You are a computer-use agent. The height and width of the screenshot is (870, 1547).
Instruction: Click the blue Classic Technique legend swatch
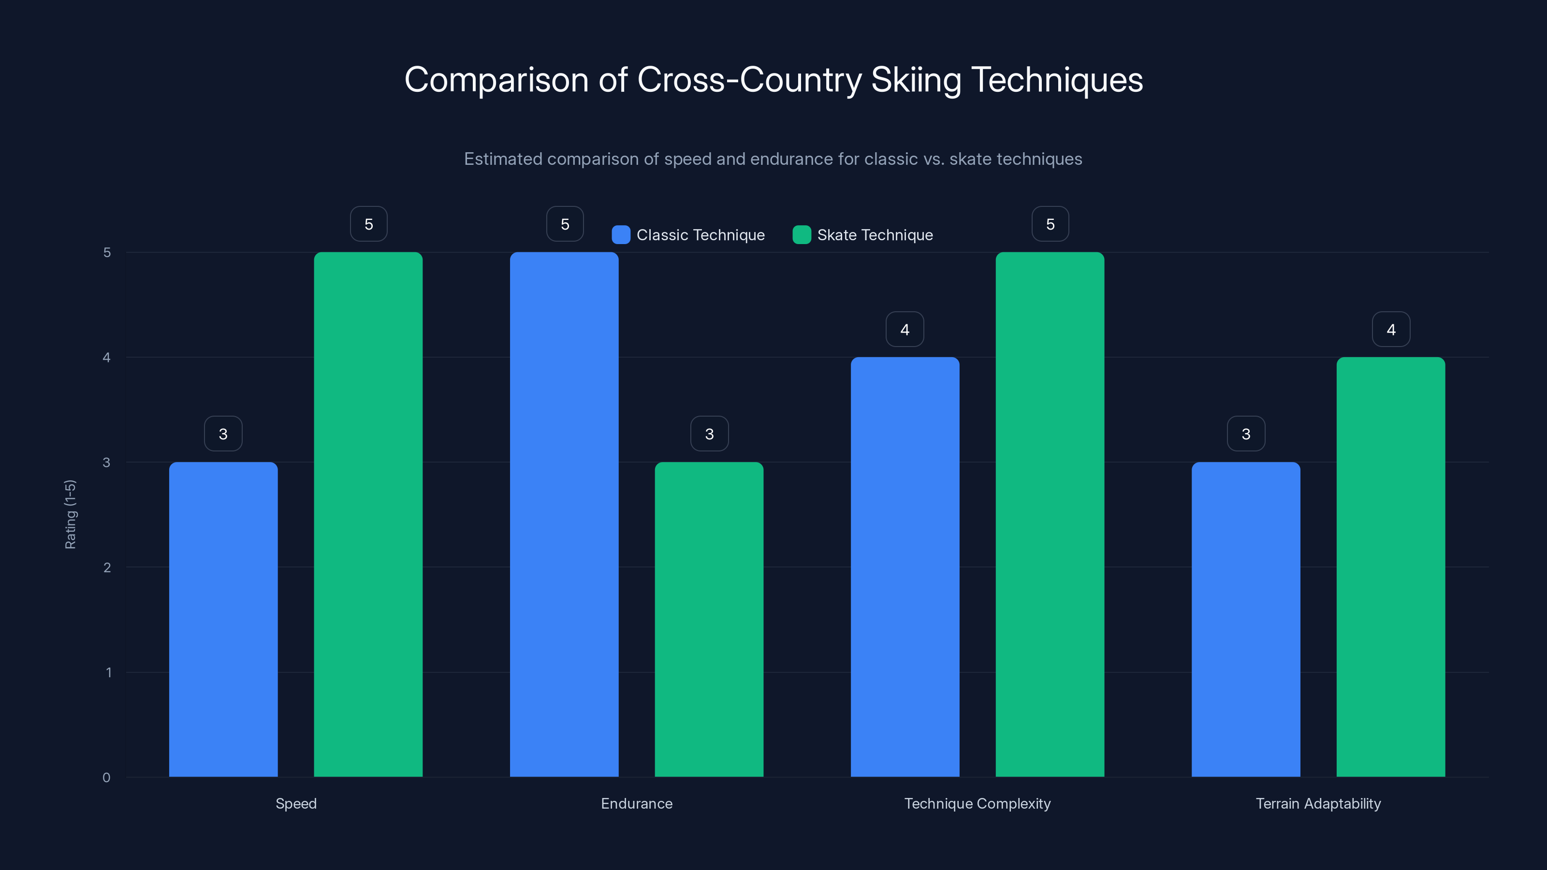pyautogui.click(x=621, y=235)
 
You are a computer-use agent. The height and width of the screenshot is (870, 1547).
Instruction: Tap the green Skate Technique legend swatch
pyautogui.click(x=802, y=235)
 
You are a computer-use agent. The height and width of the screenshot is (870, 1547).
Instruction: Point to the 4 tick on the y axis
pyautogui.click(x=107, y=358)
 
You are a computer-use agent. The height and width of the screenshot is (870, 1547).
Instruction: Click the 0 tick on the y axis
pyautogui.click(x=107, y=778)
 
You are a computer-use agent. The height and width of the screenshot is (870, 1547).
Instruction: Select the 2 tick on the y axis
pyautogui.click(x=107, y=567)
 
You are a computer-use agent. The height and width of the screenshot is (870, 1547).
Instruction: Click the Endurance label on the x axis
pyautogui.click(x=637, y=803)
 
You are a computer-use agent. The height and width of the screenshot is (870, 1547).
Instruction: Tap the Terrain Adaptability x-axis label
pyautogui.click(x=1318, y=803)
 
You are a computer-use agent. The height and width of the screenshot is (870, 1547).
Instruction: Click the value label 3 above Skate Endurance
pyautogui.click(x=709, y=434)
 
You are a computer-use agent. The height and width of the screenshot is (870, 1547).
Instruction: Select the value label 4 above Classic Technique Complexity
pyautogui.click(x=905, y=330)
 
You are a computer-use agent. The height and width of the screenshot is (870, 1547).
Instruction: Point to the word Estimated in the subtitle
pyautogui.click(x=503, y=159)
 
